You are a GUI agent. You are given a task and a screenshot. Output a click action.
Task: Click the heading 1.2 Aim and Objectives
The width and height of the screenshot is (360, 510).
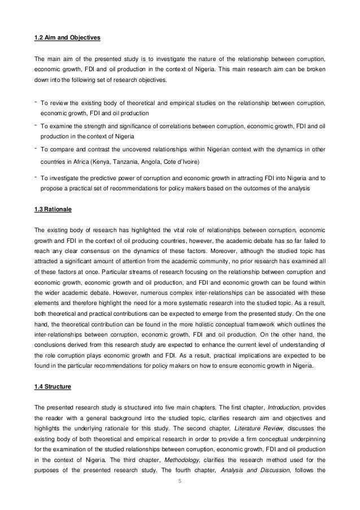[67, 38]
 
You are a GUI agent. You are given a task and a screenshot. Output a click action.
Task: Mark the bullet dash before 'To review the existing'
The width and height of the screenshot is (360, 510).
[36, 102]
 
